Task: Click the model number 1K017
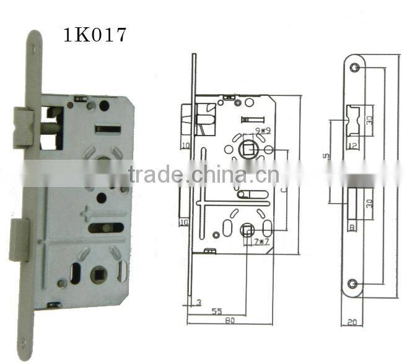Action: [95, 35]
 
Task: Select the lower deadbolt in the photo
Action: [19, 240]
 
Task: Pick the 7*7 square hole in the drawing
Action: [246, 232]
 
